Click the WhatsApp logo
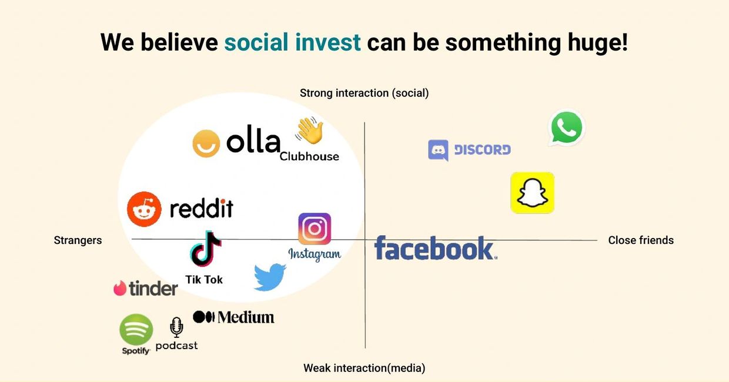click(x=567, y=127)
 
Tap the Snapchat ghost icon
click(x=533, y=193)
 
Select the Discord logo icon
click(x=438, y=150)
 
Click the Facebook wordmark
click(x=436, y=248)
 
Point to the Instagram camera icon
click(x=315, y=229)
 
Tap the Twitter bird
click(x=270, y=277)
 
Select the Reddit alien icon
click(x=144, y=209)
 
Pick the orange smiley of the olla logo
click(x=206, y=143)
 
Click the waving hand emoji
click(x=309, y=130)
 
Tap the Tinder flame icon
click(x=120, y=289)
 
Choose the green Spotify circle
click(x=136, y=330)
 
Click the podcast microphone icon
click(x=176, y=327)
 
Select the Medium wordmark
click(x=246, y=317)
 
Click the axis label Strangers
click(x=78, y=240)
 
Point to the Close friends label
click(x=641, y=240)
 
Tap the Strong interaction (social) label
click(x=364, y=93)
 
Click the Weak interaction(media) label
click(x=364, y=368)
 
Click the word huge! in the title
click(x=597, y=43)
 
